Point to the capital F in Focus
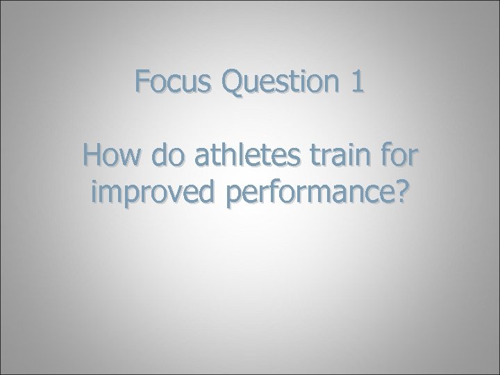coord(143,84)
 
